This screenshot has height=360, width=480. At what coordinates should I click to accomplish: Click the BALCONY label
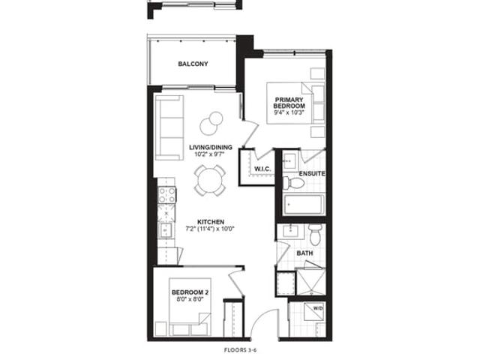[193, 64]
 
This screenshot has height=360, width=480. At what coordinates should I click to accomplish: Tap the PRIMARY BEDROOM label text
[289, 103]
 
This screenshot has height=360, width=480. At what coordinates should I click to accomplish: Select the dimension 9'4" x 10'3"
[289, 112]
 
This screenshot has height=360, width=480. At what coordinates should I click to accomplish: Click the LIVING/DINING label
[210, 147]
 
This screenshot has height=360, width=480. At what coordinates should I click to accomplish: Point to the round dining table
[210, 181]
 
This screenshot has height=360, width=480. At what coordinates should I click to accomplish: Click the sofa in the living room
[169, 127]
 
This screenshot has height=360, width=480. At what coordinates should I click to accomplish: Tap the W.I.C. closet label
[262, 169]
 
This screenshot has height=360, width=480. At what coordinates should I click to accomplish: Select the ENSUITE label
[312, 173]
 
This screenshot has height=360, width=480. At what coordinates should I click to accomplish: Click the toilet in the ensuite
[293, 183]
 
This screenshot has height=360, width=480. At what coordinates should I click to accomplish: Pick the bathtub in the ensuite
[303, 205]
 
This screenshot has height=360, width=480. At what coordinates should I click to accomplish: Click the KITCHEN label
[211, 222]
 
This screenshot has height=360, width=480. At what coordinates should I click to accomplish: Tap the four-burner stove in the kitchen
[166, 195]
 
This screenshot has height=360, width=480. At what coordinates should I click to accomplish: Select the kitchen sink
[165, 230]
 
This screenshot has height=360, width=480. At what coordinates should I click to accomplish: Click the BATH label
[304, 253]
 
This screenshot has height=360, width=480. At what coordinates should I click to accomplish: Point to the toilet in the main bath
[315, 235]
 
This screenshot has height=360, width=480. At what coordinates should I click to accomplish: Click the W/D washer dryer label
[318, 308]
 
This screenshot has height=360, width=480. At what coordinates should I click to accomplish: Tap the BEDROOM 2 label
[190, 292]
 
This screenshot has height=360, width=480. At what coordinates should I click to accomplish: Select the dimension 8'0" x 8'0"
[190, 299]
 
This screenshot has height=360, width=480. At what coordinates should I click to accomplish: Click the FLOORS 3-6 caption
[239, 350]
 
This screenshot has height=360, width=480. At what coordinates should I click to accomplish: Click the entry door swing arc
[259, 317]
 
